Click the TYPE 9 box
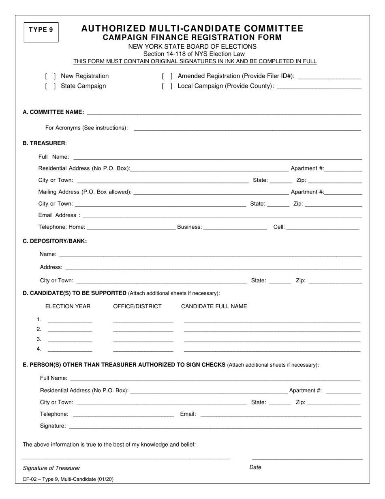41,32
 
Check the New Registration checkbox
51,76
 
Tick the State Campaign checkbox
51,86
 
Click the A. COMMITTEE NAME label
53,112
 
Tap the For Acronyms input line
247,129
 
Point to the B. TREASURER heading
45,143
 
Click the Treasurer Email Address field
222,216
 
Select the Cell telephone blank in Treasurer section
323,228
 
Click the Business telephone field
235,228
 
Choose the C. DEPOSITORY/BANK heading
55,241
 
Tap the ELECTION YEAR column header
68,306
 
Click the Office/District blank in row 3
143,340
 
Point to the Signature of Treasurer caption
51,468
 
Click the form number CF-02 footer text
68,479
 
